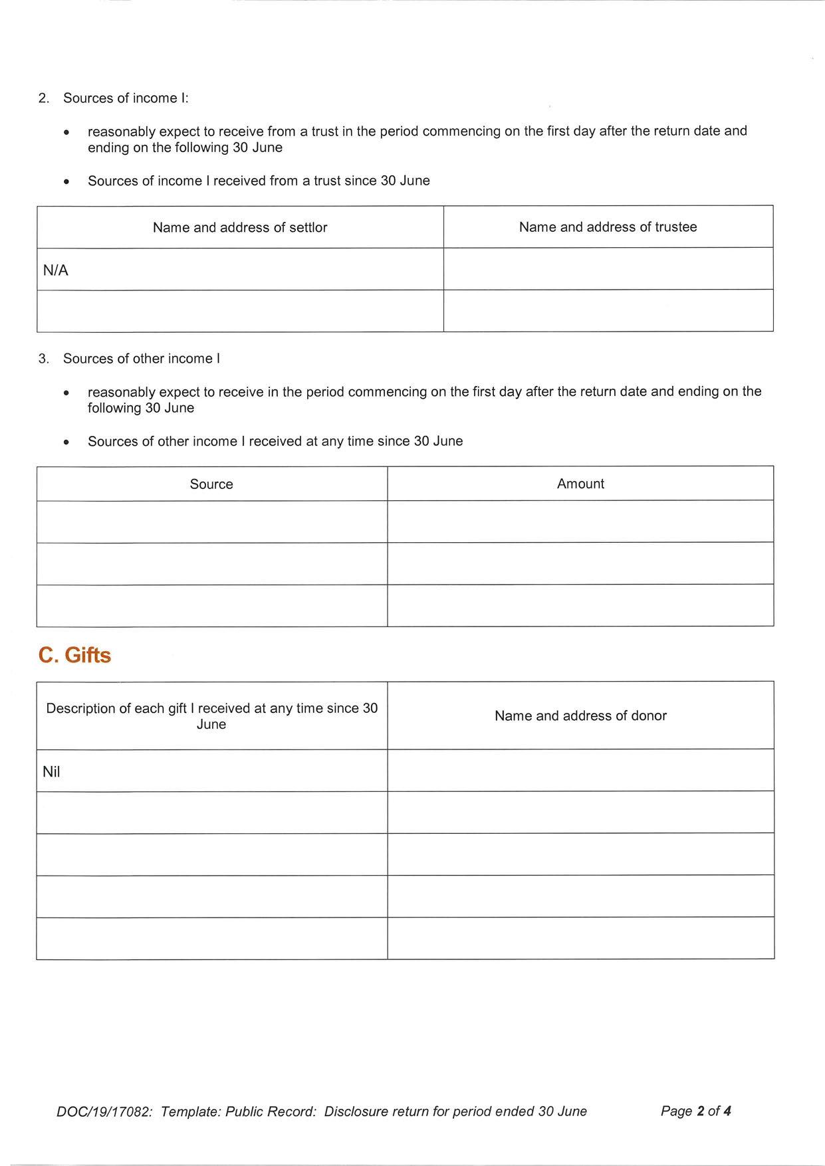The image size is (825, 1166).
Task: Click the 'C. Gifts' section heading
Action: pos(74,655)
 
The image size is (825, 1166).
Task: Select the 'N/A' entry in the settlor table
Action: pos(56,270)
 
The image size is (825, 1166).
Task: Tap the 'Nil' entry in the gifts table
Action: pos(51,772)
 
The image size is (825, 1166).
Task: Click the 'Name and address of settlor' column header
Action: pos(240,227)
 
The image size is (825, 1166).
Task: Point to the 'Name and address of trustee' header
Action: pos(608,227)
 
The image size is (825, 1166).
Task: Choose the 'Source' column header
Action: pos(211,484)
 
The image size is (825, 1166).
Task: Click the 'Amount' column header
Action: pos(580,484)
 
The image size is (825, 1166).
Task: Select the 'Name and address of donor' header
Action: pos(580,716)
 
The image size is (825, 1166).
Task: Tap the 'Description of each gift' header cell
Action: pos(211,716)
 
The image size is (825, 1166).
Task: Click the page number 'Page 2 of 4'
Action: pos(695,1111)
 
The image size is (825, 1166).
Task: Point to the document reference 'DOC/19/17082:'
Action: pos(104,1112)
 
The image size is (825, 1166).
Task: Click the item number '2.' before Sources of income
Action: pos(44,98)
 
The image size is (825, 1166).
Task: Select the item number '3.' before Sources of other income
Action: pos(44,359)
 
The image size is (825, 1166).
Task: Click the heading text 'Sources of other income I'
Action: pos(142,359)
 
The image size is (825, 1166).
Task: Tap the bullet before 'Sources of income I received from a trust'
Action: pos(66,181)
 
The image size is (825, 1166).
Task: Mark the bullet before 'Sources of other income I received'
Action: pos(66,442)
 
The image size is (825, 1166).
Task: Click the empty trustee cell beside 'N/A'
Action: pos(608,269)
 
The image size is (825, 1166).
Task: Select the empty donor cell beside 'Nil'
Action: pos(580,771)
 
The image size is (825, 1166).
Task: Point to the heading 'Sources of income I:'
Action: pos(126,98)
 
